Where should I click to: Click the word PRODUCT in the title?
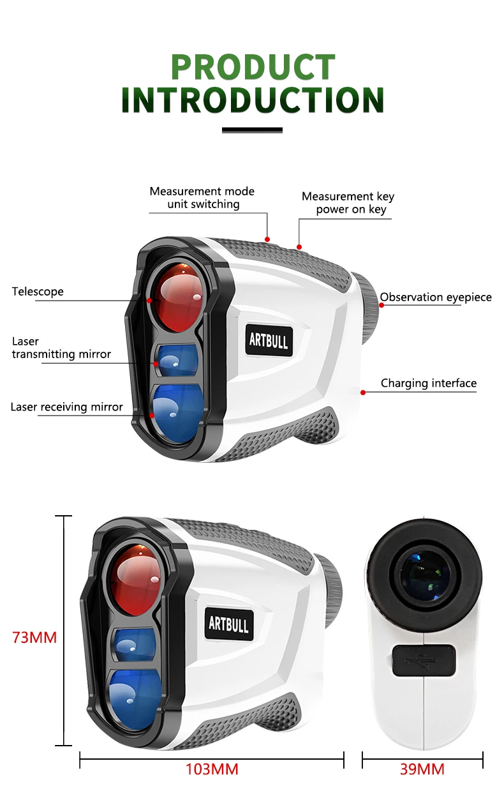[253, 67]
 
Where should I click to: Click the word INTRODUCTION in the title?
[253, 101]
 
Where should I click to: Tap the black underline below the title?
[252, 130]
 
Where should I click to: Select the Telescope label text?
[38, 292]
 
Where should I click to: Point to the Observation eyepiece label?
[436, 297]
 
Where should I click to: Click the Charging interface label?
[428, 383]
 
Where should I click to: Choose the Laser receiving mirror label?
[66, 407]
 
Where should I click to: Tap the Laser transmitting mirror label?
[61, 348]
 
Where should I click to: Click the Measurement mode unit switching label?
[202, 198]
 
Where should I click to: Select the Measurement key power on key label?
[348, 203]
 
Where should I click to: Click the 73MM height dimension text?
[34, 637]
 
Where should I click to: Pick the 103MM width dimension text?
[212, 769]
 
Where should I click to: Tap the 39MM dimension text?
[422, 769]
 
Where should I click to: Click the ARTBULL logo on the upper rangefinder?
[269, 340]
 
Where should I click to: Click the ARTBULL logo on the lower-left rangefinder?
[228, 622]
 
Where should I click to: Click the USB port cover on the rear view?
[424, 659]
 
